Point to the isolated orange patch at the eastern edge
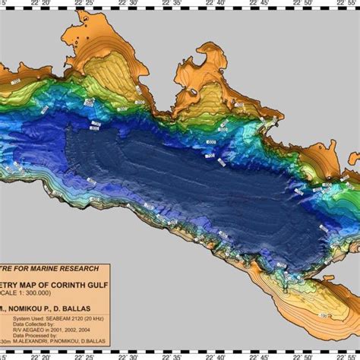[x=351, y=183]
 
